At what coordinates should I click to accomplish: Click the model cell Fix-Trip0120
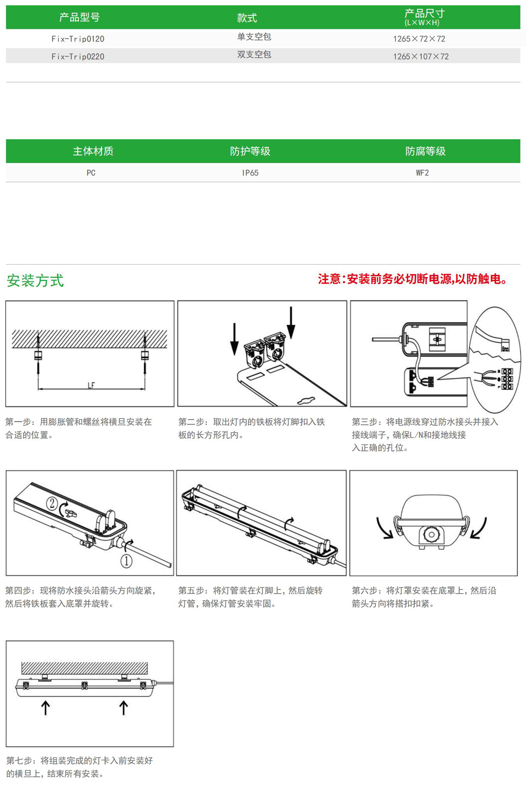pyautogui.click(x=78, y=39)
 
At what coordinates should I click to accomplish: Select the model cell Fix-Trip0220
pyautogui.click(x=78, y=57)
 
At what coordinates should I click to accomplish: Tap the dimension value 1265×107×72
pyautogui.click(x=421, y=57)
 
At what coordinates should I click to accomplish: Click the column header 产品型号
pyautogui.click(x=79, y=17)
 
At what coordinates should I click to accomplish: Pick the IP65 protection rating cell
pyautogui.click(x=250, y=173)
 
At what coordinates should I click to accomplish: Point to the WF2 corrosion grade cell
pyautogui.click(x=423, y=173)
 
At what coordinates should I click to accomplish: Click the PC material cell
pyautogui.click(x=91, y=173)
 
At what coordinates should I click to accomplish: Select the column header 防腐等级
pyautogui.click(x=425, y=151)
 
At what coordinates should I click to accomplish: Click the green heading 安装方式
pyautogui.click(x=35, y=281)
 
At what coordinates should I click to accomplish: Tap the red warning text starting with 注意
pyautogui.click(x=412, y=279)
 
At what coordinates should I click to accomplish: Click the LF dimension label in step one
pyautogui.click(x=91, y=385)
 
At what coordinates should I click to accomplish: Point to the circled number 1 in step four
pyautogui.click(x=126, y=561)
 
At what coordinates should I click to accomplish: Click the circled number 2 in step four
pyautogui.click(x=52, y=503)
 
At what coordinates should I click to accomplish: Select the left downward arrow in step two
pyautogui.click(x=235, y=339)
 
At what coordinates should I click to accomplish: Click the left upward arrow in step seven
pyautogui.click(x=46, y=708)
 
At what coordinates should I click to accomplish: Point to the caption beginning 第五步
pyautogui.click(x=250, y=597)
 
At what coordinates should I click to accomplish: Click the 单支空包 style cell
pyautogui.click(x=254, y=37)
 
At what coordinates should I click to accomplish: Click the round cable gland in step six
pyautogui.click(x=431, y=534)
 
